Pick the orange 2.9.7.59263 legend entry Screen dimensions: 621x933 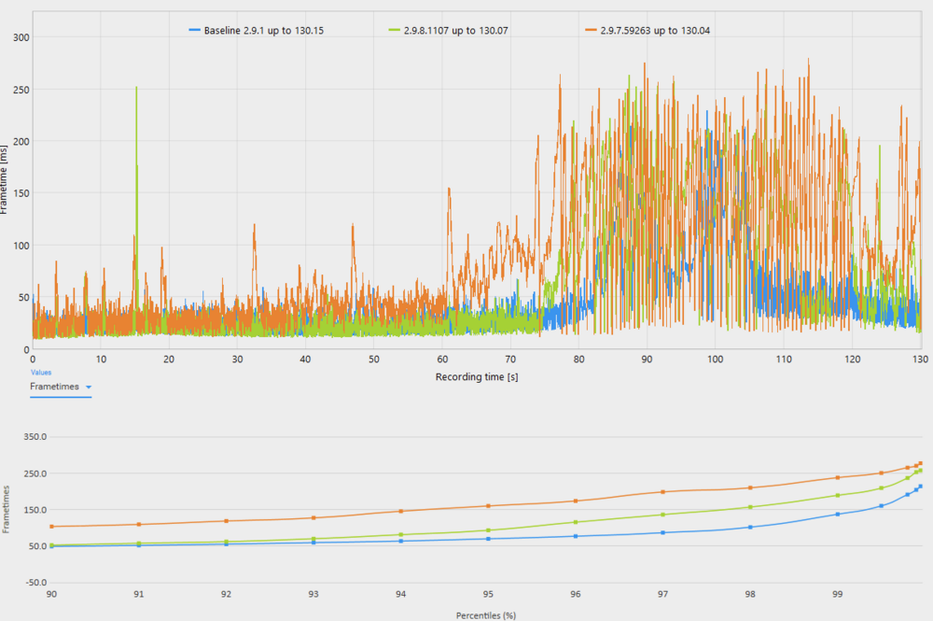tap(650, 31)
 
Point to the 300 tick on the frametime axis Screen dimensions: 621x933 tap(19, 37)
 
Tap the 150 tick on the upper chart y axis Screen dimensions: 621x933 tap(19, 193)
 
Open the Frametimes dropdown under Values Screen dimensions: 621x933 tap(62, 386)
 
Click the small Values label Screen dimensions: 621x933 tap(41, 373)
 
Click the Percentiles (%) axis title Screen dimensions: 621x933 tap(485, 615)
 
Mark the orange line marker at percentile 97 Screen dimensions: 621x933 tap(662, 492)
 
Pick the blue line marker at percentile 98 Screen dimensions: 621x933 tap(750, 527)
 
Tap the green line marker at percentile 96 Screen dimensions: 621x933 tap(576, 522)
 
